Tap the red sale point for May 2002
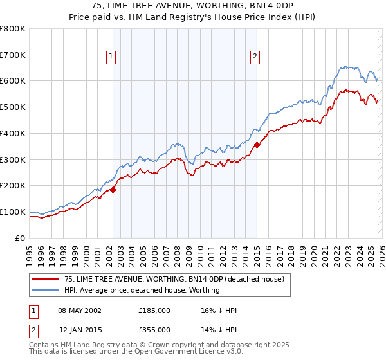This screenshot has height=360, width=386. click(x=113, y=190)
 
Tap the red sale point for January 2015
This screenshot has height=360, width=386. click(x=257, y=145)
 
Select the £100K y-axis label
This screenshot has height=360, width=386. click(x=14, y=212)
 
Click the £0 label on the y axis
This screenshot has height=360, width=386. click(x=21, y=238)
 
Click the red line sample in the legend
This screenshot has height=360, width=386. click(x=46, y=279)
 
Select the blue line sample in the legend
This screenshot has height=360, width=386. click(x=46, y=290)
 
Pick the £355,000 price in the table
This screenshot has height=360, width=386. click(x=154, y=329)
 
